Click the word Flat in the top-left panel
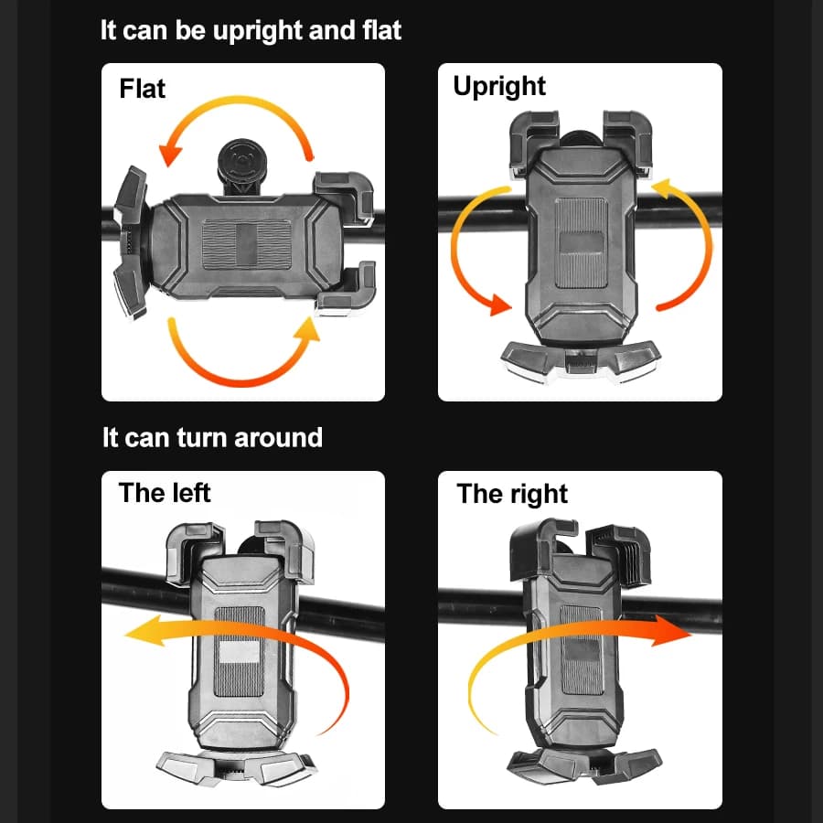[142, 88]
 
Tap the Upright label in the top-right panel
[499, 87]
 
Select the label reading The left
[165, 492]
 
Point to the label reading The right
[512, 494]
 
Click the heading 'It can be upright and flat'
[251, 30]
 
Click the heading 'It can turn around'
[212, 437]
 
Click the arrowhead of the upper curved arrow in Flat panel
[169, 154]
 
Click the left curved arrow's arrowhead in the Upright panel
[499, 305]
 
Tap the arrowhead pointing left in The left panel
[144, 631]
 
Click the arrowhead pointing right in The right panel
[671, 631]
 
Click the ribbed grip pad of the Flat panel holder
[247, 244]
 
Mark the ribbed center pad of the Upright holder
[581, 242]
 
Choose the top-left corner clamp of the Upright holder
[532, 140]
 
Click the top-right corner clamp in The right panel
[618, 555]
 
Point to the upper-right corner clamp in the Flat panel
[344, 198]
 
